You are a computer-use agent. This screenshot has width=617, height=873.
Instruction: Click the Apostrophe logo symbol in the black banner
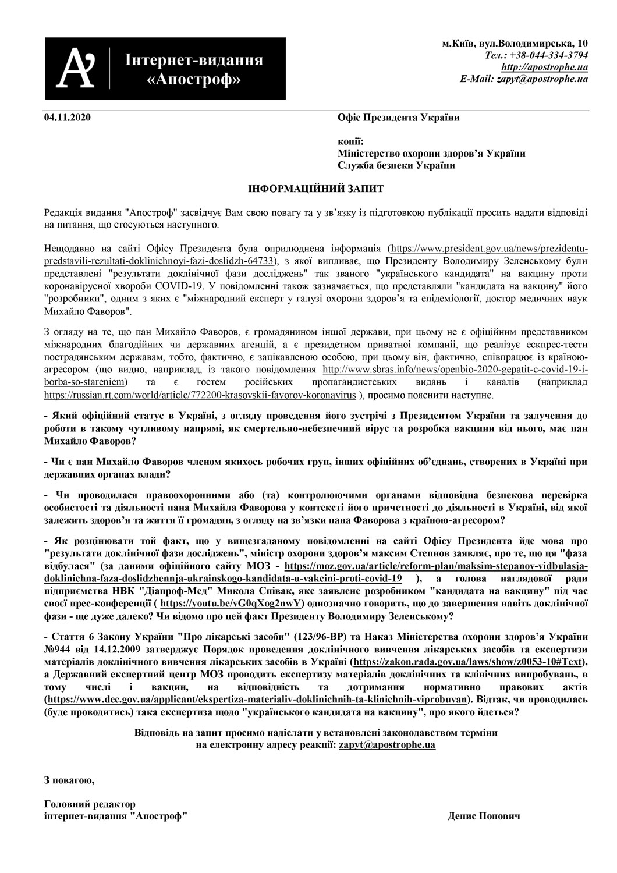pos(78,68)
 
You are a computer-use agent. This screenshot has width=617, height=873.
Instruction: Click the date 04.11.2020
pos(68,118)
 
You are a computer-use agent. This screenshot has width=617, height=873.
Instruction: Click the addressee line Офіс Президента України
pos(398,118)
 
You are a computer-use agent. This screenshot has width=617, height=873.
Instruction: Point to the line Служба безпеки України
pos(396,165)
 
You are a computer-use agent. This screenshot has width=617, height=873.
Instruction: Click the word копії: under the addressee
pos(351,141)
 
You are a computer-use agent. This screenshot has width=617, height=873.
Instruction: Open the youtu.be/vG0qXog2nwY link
pos(231,602)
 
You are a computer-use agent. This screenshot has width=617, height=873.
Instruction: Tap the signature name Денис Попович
pos(484,816)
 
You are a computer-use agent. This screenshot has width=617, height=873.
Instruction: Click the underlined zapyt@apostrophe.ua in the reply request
pos(387,744)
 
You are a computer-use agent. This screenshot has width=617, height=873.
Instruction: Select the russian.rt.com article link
pos(200,395)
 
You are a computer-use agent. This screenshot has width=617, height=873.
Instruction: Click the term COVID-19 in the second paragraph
pos(179,286)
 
